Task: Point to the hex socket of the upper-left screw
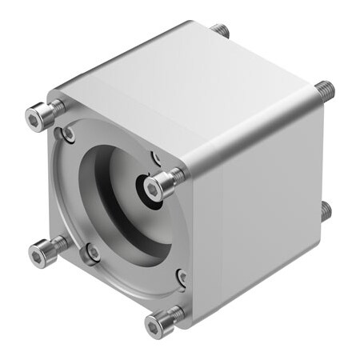(34, 121)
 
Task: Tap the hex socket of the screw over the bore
(154, 189)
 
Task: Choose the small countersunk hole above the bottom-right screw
(182, 278)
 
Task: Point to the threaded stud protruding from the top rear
(220, 30)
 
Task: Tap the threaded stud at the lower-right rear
(326, 210)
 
